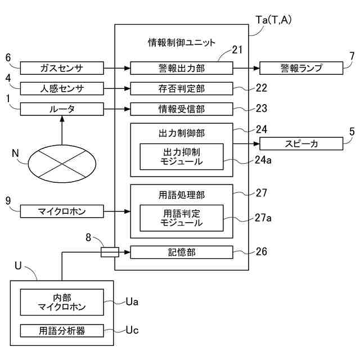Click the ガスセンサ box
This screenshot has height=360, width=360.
[62, 69]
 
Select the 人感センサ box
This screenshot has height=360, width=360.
[62, 89]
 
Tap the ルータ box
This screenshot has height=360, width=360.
[62, 109]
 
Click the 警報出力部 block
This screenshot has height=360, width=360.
[182, 69]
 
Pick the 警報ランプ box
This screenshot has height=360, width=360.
[301, 69]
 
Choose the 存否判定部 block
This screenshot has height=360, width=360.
[182, 89]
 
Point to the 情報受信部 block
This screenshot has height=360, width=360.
[182, 109]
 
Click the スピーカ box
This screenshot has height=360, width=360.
[301, 144]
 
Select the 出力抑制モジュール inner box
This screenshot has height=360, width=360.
[182, 157]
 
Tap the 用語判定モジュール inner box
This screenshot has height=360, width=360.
[182, 218]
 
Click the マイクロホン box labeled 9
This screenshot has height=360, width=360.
[62, 211]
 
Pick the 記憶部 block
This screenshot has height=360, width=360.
[182, 253]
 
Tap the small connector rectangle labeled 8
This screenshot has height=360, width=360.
[110, 253]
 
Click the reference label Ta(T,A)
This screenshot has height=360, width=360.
[274, 20]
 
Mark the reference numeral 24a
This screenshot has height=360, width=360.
[264, 159]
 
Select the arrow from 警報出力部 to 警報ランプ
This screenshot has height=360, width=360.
[246, 69]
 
